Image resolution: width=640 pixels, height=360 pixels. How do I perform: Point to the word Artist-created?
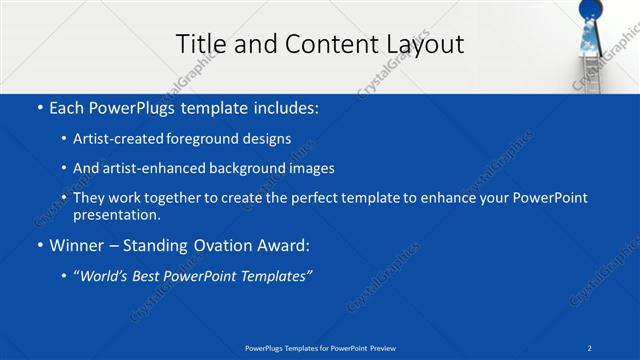coord(115,139)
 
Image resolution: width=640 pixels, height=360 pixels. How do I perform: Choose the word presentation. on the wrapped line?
coord(117,215)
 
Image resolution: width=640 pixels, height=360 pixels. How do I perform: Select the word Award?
coord(283,245)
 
